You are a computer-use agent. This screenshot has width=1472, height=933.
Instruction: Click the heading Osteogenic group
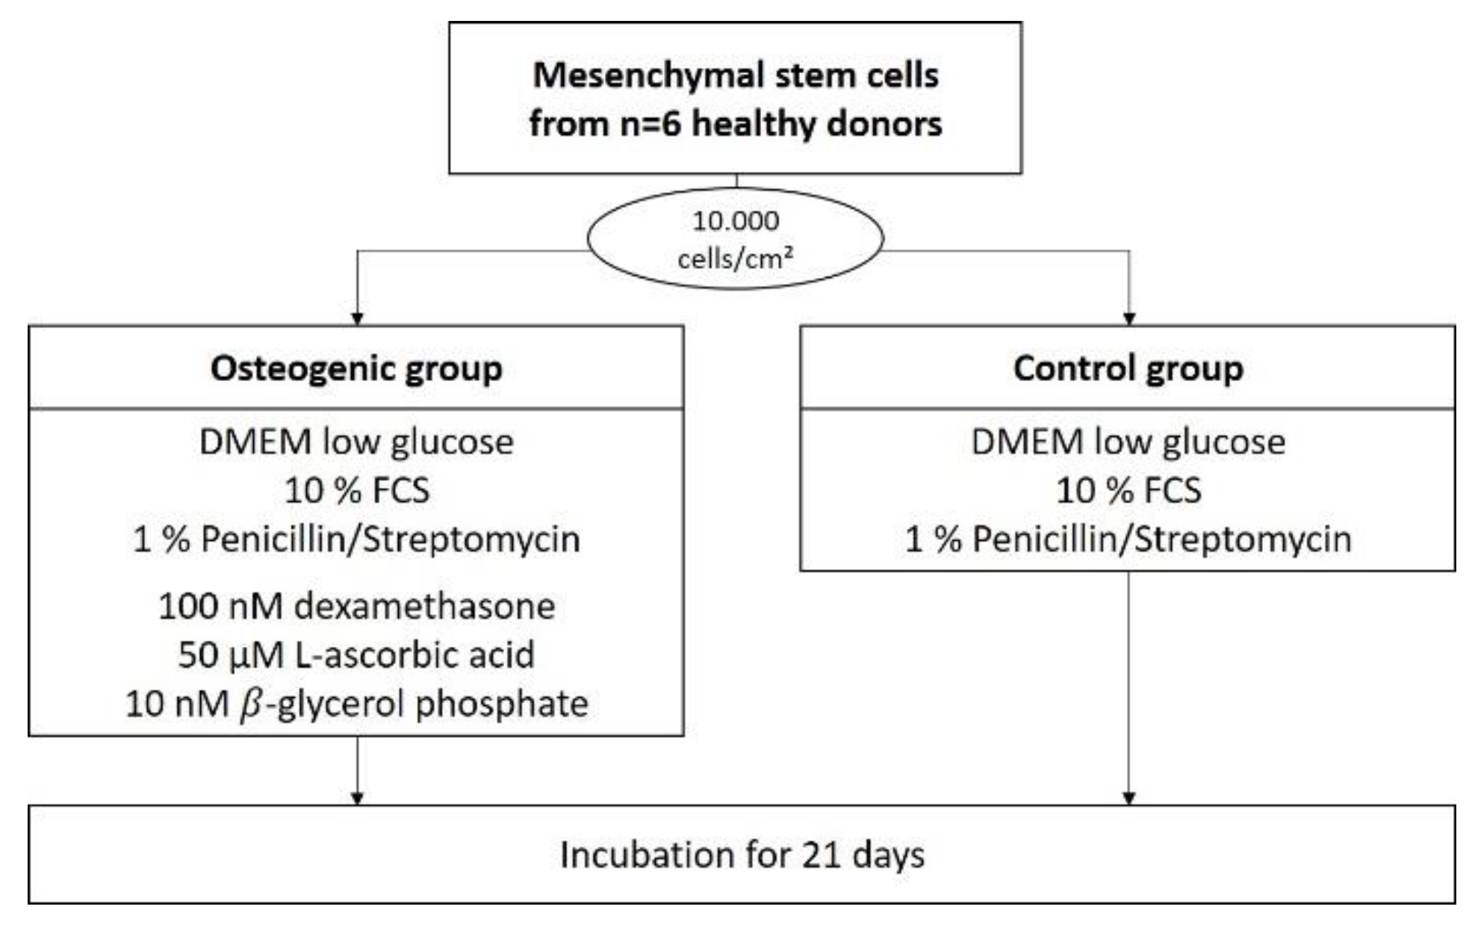(x=356, y=368)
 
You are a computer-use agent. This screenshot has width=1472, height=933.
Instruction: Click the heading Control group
(x=1128, y=368)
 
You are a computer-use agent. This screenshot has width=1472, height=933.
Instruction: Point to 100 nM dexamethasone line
(x=356, y=606)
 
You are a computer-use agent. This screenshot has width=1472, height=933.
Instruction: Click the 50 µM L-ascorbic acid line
(x=356, y=655)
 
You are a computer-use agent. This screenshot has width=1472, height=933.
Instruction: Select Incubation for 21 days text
(x=742, y=855)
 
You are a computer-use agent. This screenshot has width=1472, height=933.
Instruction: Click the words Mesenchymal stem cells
(x=736, y=75)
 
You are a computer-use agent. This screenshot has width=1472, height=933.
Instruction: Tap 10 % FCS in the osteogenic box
(x=357, y=491)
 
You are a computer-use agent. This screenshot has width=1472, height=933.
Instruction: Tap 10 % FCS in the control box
(x=1128, y=491)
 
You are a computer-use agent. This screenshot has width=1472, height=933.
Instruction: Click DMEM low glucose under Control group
(x=1128, y=441)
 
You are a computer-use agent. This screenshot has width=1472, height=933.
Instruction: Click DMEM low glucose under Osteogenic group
(x=356, y=441)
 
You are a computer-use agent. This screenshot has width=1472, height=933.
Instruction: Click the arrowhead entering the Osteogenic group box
(x=357, y=319)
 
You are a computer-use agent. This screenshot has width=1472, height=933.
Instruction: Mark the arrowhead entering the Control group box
(x=1129, y=319)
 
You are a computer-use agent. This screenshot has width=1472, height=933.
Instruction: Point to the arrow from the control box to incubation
(x=1129, y=687)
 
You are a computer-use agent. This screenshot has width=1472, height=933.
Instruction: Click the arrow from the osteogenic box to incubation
(x=357, y=769)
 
